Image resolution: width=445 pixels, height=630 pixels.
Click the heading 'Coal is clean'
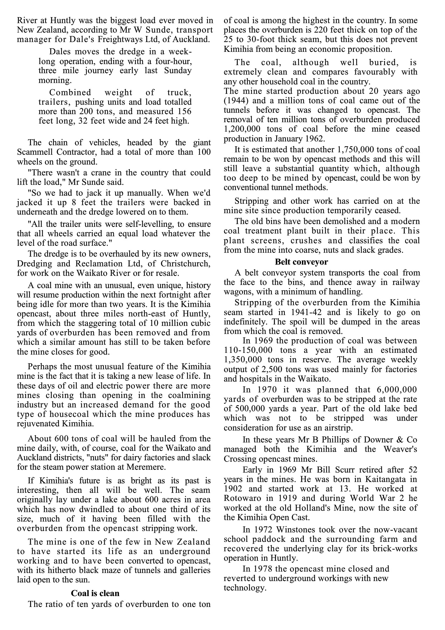point(95,593)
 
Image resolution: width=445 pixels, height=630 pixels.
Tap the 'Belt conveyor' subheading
point(301,262)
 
